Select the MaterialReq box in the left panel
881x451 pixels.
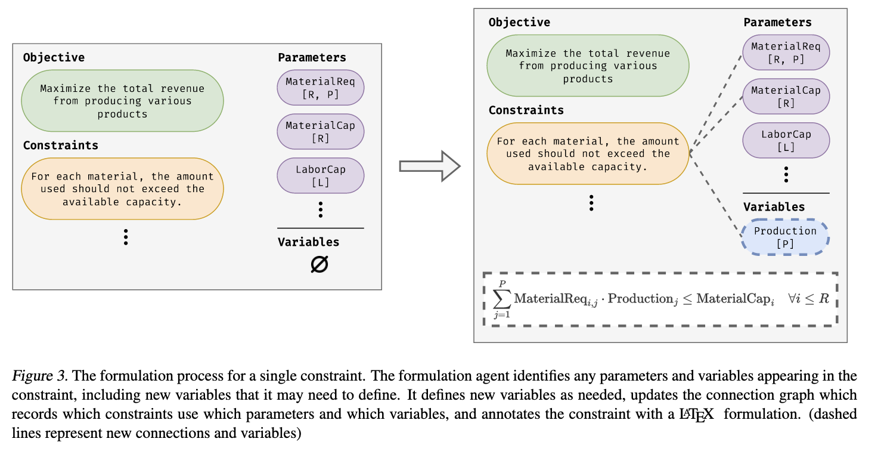[x=320, y=87]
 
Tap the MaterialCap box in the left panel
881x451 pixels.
[x=320, y=131]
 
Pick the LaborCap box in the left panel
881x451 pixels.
[x=320, y=175]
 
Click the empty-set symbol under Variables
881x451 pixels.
[x=319, y=264]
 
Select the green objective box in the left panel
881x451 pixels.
[x=122, y=101]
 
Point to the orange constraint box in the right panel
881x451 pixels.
[x=588, y=153]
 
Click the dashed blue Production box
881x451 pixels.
[x=785, y=237]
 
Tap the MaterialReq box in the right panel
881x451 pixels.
[x=786, y=52]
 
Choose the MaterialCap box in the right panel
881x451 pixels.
[x=786, y=96]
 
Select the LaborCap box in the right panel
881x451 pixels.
[x=786, y=140]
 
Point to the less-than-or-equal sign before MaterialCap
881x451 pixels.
[x=687, y=299]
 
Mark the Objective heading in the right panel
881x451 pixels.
[x=519, y=22]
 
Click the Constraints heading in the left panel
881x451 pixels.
[x=60, y=145]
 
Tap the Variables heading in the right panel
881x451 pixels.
[x=774, y=206]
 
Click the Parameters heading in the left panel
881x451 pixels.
[x=312, y=57]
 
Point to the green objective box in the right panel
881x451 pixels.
[x=588, y=66]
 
